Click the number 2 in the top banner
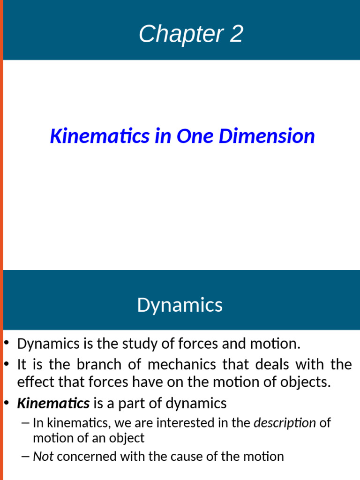point(236,34)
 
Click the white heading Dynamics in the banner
point(180,305)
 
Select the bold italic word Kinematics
point(53,403)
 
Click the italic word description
point(285,423)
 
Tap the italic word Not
point(43,456)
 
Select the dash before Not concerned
point(26,456)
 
